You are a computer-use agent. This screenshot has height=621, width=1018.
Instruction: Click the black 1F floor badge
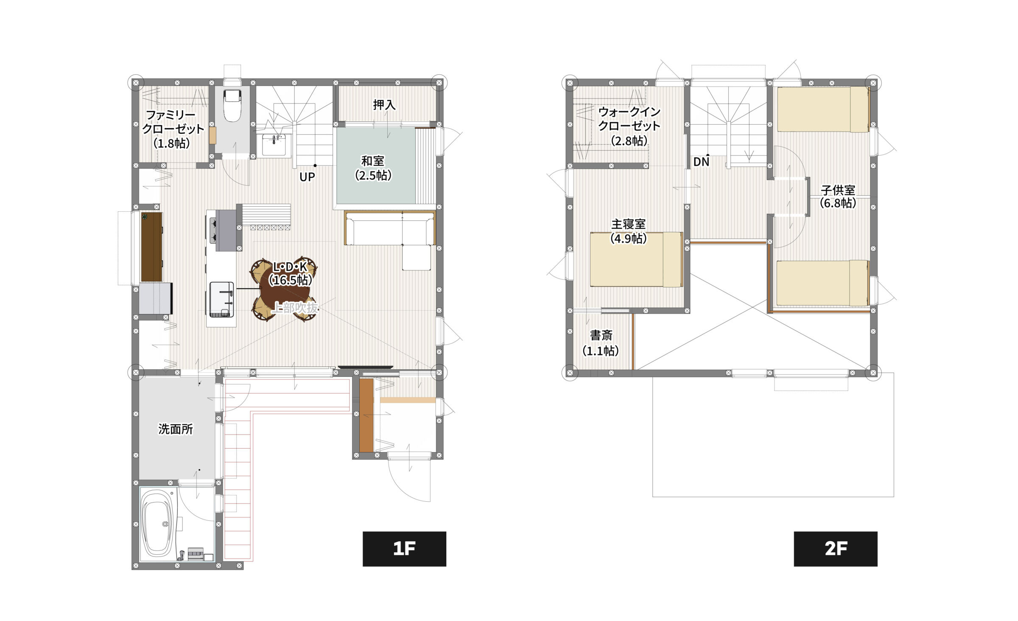[x=404, y=548]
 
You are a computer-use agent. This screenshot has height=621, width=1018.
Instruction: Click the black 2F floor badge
[x=836, y=548]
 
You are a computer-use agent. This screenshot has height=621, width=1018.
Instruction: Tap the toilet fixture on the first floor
[x=232, y=105]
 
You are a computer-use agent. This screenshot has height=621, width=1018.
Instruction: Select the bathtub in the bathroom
[x=157, y=524]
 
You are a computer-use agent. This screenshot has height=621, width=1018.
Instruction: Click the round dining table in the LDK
[x=283, y=289]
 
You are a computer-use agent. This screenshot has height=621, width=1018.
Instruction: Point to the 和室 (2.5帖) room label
[x=373, y=168]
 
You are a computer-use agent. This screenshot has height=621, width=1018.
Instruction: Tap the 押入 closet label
[x=384, y=105]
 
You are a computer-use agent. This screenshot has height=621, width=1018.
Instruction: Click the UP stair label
[x=307, y=177]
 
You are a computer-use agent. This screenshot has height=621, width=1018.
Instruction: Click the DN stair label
[x=701, y=162]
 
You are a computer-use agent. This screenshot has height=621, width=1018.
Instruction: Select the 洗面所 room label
[x=176, y=429]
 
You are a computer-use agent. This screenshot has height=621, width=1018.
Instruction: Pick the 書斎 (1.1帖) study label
[x=601, y=343]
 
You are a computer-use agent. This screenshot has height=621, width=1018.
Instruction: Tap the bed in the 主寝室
[x=636, y=259]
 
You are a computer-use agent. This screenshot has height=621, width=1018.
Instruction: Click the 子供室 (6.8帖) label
[x=838, y=196]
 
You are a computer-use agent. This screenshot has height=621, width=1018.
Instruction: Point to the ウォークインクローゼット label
[x=629, y=126]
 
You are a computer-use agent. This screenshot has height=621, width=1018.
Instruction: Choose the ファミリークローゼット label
[x=172, y=129]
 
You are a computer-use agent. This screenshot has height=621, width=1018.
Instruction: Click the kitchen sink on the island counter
[x=221, y=300]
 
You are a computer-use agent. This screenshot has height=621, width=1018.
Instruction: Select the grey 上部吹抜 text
[x=295, y=308]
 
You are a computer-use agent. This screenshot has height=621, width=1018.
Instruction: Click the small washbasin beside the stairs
[x=274, y=145]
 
